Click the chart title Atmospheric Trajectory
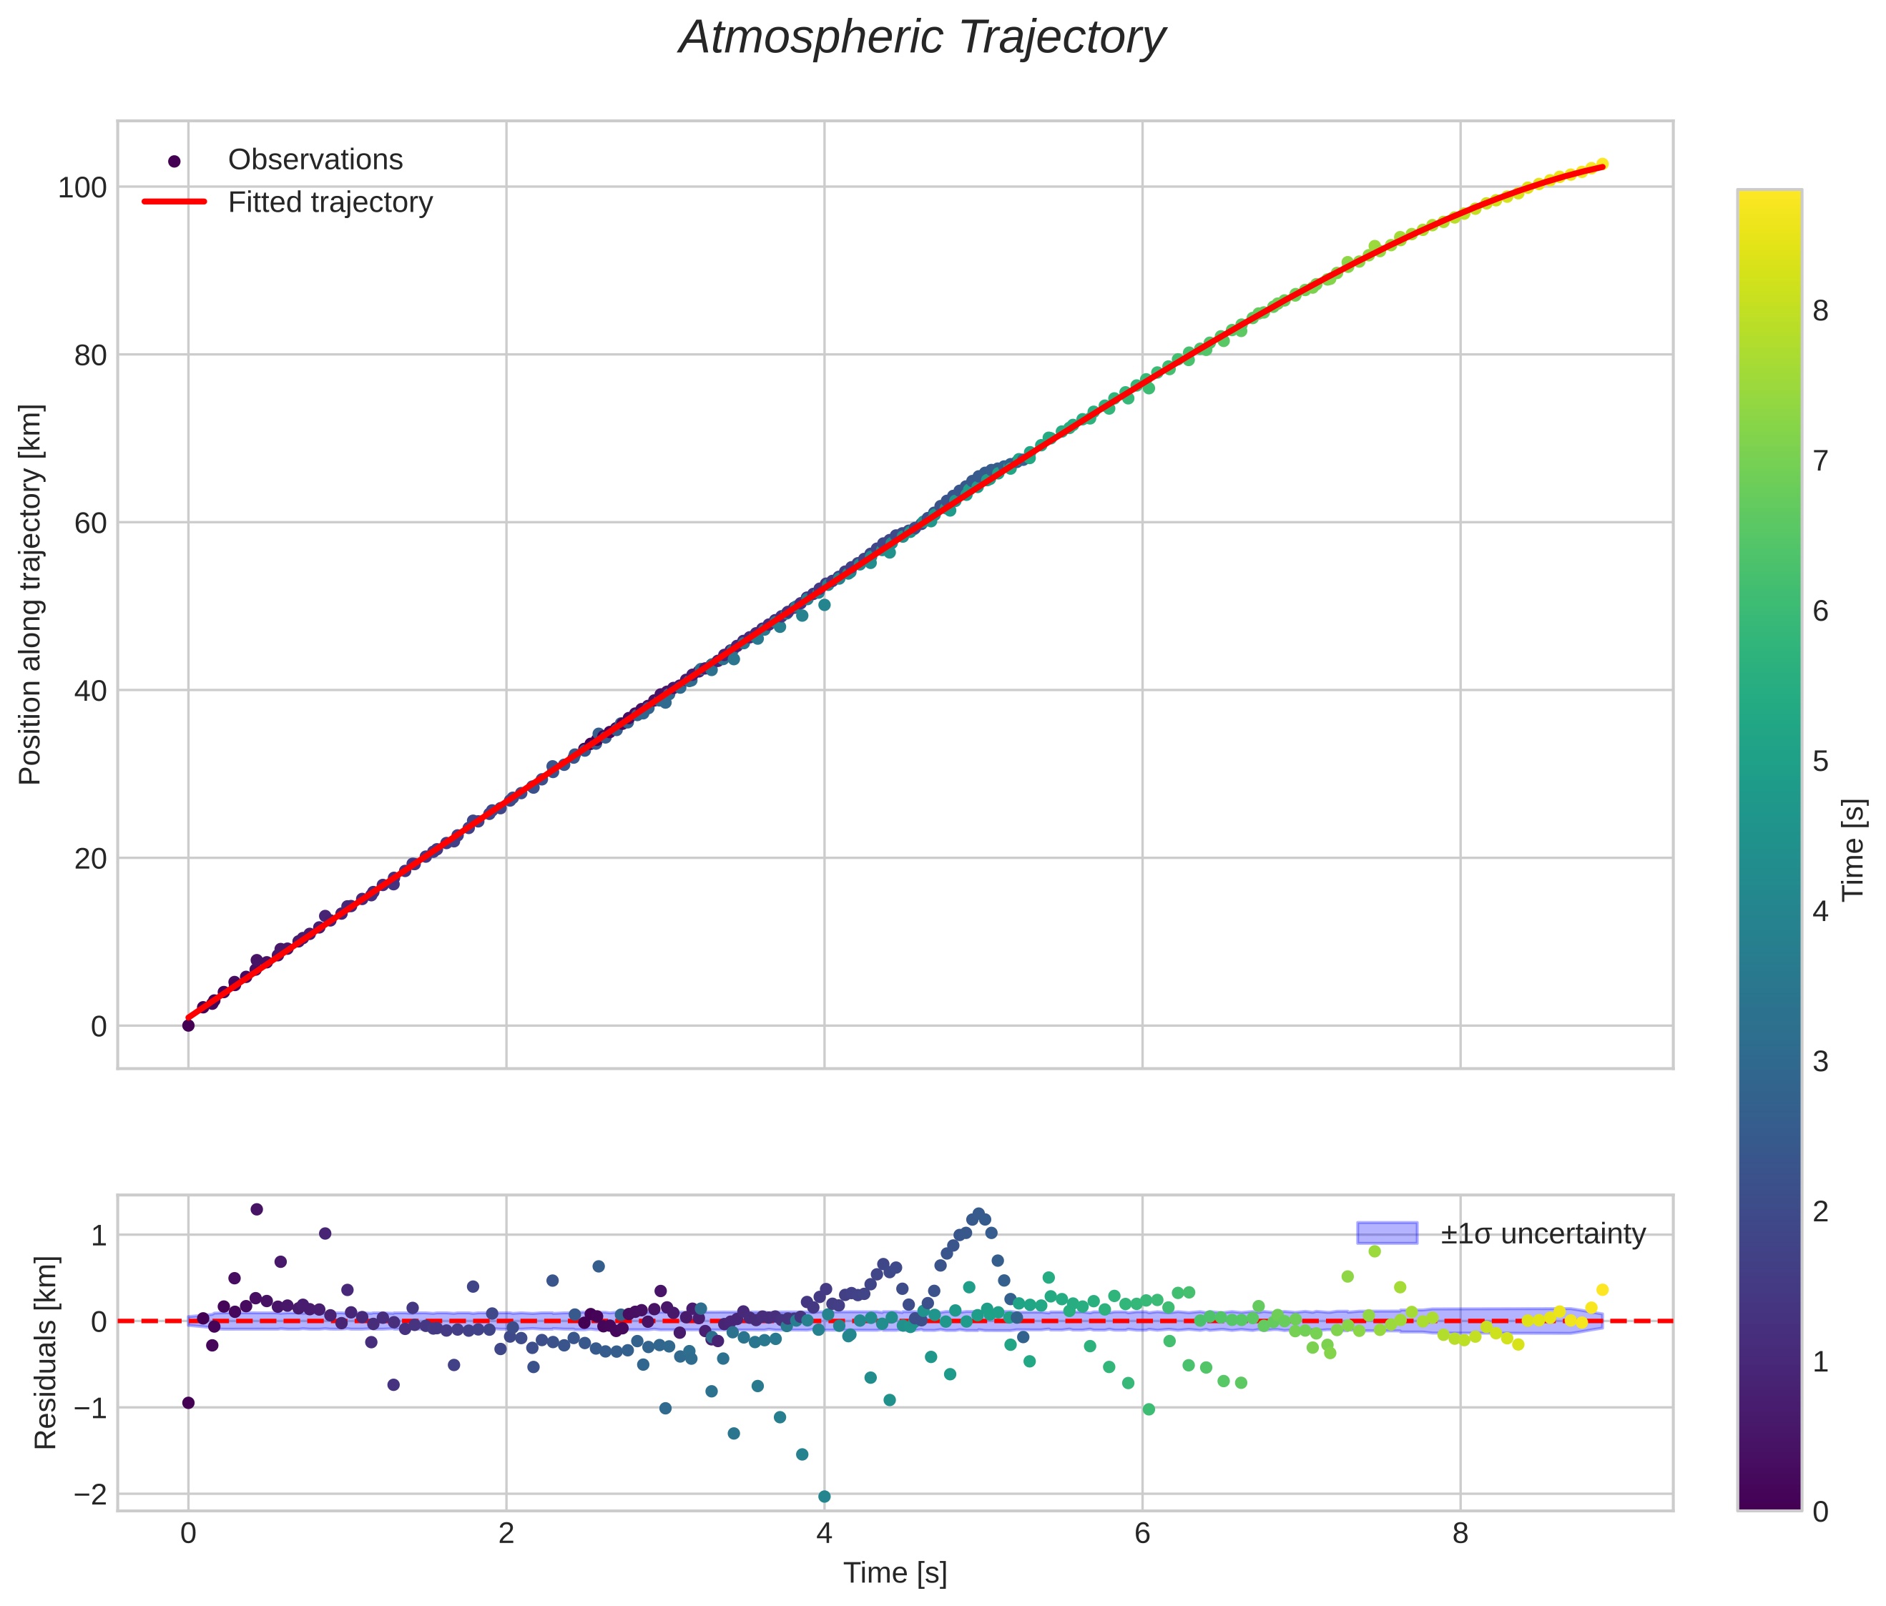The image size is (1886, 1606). point(921,38)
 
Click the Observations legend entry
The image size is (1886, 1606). point(315,160)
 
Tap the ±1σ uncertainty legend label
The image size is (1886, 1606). point(1543,1234)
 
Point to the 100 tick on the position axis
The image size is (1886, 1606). point(82,187)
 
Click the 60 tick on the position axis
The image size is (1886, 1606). point(90,523)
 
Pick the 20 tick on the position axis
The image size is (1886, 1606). point(90,858)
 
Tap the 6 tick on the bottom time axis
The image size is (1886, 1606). point(1142,1533)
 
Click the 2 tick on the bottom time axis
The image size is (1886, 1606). point(506,1533)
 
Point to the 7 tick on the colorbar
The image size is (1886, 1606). point(1820,461)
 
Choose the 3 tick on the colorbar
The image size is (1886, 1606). point(1820,1061)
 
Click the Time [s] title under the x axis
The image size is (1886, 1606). point(895,1573)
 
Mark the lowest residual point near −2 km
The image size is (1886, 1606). point(824,1497)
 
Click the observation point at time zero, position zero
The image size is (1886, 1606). point(188,1025)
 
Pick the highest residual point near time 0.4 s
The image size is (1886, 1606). point(257,1209)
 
